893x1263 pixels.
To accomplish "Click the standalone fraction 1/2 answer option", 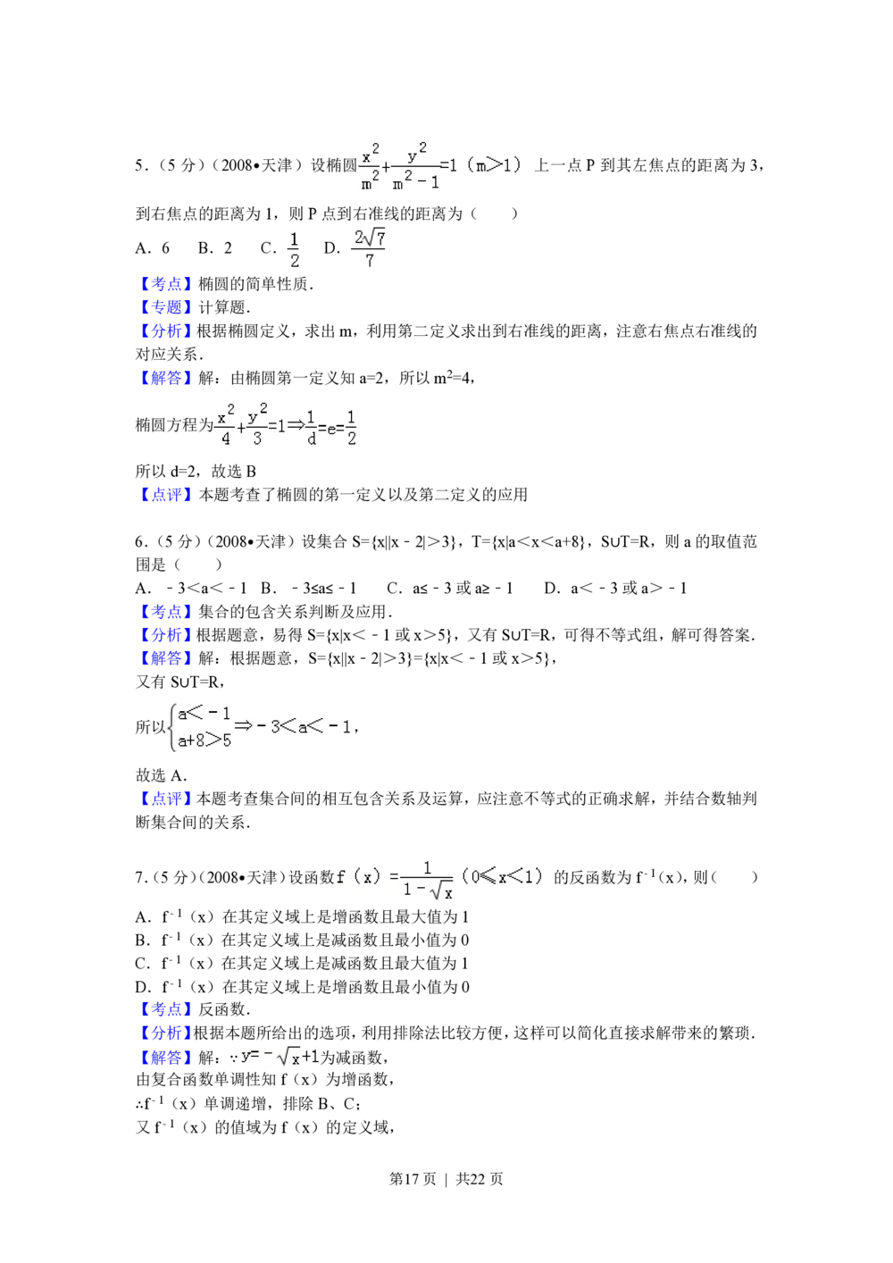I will coord(293,249).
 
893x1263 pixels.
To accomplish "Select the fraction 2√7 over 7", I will coord(368,247).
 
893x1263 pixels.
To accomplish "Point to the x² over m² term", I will coord(370,168).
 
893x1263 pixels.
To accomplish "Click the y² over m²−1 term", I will coord(415,168).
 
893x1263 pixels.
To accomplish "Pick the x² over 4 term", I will coord(225,426).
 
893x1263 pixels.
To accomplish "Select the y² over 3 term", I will coord(257,426).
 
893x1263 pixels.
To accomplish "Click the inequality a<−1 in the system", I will coord(204,714).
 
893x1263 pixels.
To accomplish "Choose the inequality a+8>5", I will coord(204,740).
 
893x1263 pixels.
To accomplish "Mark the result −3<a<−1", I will coord(304,727).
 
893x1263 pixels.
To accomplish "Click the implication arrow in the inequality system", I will coord(243,727).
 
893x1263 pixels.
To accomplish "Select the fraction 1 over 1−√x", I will coord(428,880).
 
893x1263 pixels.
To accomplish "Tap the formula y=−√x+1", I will coord(280,1058).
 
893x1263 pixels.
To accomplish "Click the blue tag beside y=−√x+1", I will coord(164,1058).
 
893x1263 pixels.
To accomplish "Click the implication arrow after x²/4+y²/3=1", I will coord(296,426).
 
